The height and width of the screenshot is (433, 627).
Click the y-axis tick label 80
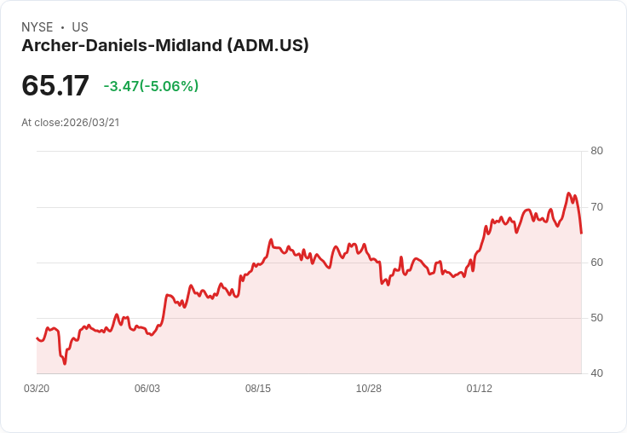[x=596, y=151]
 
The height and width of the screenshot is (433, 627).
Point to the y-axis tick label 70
[x=596, y=206]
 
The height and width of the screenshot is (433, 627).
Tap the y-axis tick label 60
[x=596, y=262]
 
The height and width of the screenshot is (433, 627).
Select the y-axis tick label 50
[x=596, y=317]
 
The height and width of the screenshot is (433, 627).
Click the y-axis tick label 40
[x=596, y=373]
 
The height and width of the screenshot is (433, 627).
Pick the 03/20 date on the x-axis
[x=37, y=389]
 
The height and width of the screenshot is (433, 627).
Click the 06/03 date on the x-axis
[x=147, y=389]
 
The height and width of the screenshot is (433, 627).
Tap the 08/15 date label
[x=258, y=389]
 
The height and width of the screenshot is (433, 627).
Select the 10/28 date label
[x=369, y=389]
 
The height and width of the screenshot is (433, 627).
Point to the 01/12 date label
[x=480, y=389]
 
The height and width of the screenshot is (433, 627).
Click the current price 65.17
[x=55, y=86]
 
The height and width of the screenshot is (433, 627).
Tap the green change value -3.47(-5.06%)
[x=151, y=86]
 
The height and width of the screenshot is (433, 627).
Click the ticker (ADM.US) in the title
[x=267, y=45]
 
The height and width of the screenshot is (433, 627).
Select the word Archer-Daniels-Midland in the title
[x=122, y=45]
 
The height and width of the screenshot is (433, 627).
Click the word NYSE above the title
[x=37, y=27]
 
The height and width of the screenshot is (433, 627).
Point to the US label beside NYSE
[x=80, y=27]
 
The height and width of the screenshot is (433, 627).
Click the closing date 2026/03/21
[x=91, y=123]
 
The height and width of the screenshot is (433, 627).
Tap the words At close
[x=41, y=123]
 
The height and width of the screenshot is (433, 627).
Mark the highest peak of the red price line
[x=568, y=193]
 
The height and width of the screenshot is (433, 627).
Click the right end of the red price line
[x=581, y=232]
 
